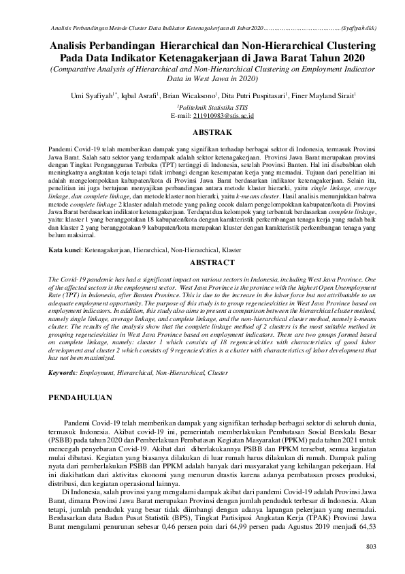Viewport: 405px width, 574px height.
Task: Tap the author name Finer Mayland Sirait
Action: click(x=314, y=95)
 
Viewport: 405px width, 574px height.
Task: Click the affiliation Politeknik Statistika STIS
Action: click(x=203, y=108)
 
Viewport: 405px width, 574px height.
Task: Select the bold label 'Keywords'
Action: click(x=63, y=374)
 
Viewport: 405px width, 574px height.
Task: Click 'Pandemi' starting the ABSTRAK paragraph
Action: click(x=61, y=147)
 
